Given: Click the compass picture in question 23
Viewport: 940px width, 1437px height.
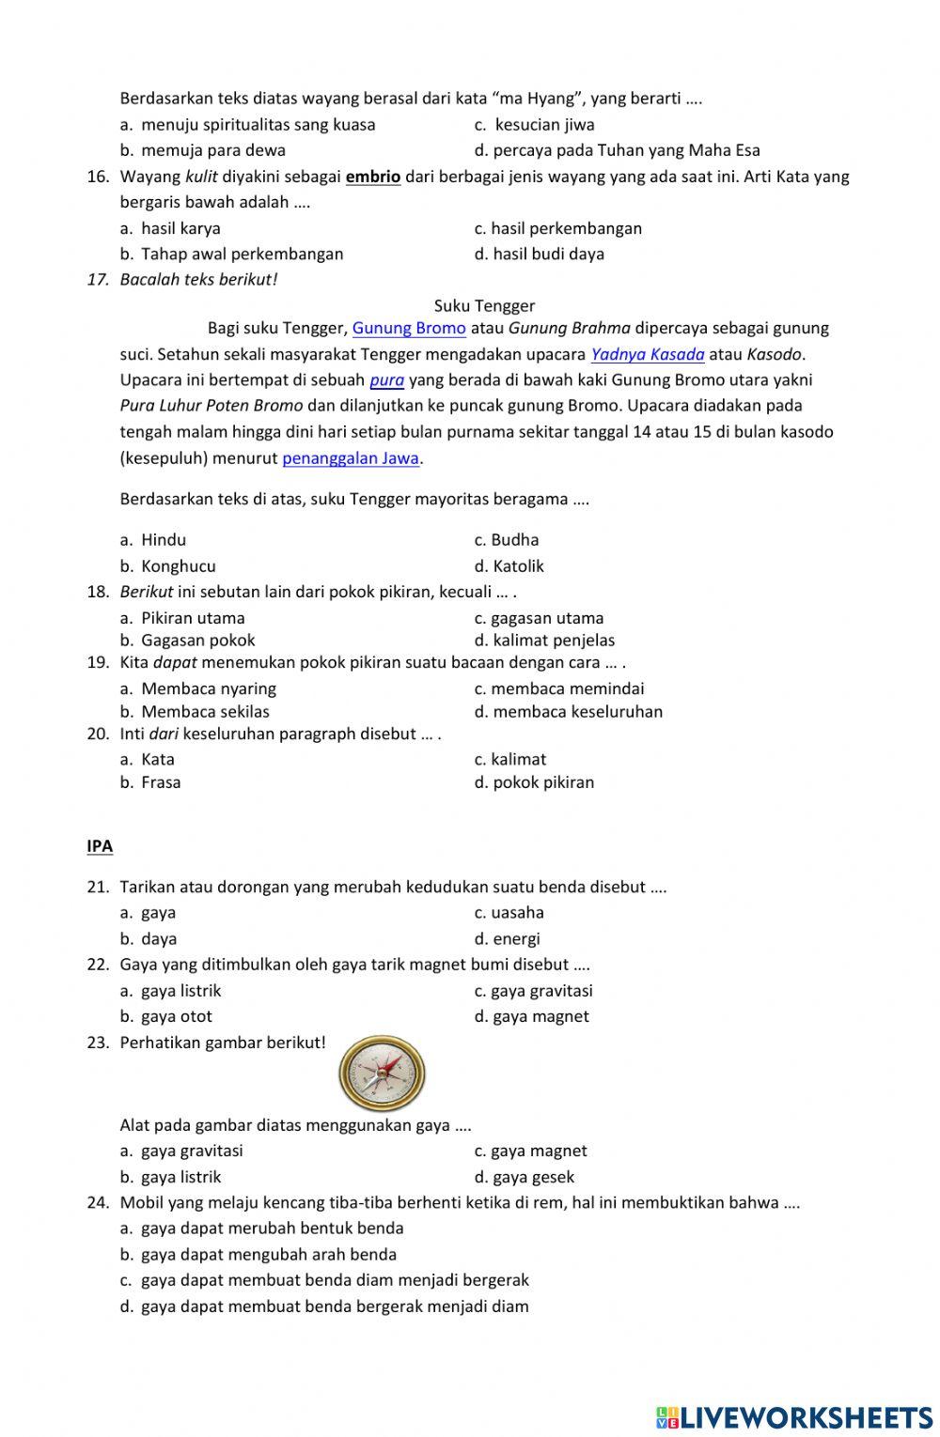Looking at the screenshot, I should click(382, 1072).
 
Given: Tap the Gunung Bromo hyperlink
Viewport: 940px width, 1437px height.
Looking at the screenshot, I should click(409, 328).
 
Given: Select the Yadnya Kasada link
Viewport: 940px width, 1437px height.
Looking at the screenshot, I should click(648, 354).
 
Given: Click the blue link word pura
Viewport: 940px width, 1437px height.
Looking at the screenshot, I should click(386, 380).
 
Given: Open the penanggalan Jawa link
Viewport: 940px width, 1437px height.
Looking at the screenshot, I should click(351, 458).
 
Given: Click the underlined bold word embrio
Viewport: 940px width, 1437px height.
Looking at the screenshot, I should click(373, 177).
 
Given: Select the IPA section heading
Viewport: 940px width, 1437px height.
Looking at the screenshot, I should click(100, 846).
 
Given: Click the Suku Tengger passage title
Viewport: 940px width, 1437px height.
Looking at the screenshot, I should click(484, 305).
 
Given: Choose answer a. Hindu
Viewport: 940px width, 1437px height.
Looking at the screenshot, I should click(153, 540).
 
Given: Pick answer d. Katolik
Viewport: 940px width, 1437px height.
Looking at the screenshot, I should click(509, 566).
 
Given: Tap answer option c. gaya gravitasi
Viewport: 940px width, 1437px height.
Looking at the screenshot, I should click(533, 991).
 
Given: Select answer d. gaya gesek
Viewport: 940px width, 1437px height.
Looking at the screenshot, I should click(524, 1177).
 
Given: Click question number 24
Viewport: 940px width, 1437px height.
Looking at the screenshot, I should click(98, 1203).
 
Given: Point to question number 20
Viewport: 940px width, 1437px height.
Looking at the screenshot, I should click(98, 734).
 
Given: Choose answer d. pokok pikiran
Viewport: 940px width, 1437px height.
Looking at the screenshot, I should click(534, 782).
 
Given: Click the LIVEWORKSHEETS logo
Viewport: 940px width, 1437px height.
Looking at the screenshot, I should click(794, 1416).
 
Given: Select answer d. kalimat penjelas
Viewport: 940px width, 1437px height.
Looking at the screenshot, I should click(544, 641).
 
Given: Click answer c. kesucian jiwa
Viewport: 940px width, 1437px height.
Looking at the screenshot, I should click(534, 125).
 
